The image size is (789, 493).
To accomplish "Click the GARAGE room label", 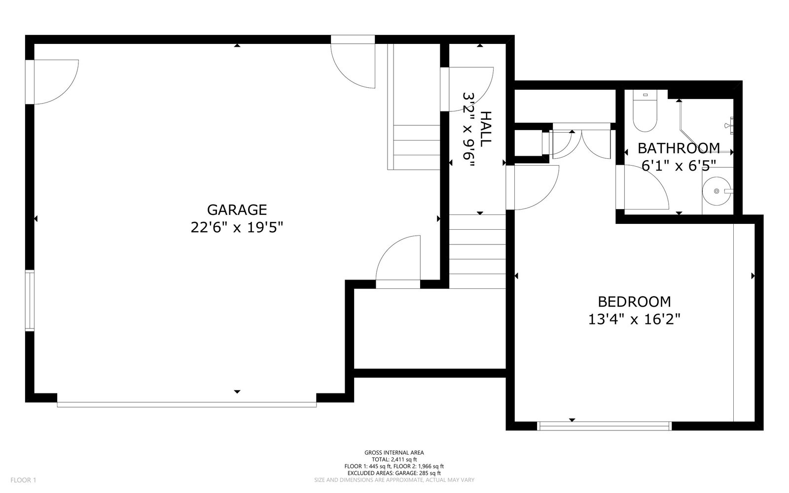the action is pyautogui.click(x=237, y=210).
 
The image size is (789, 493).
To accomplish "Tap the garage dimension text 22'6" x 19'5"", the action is pyautogui.click(x=237, y=227).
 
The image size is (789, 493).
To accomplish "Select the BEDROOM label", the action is pyautogui.click(x=634, y=302).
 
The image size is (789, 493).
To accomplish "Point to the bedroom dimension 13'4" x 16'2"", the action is pyautogui.click(x=634, y=319).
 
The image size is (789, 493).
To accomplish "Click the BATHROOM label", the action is pyautogui.click(x=679, y=148).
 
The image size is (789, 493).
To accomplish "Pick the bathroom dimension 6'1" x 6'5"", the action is pyautogui.click(x=679, y=166).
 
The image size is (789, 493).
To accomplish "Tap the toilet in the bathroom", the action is pyautogui.click(x=645, y=110).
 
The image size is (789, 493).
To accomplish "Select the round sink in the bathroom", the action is pyautogui.click(x=717, y=191).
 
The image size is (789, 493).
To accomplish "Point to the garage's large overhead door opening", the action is pyautogui.click(x=187, y=405).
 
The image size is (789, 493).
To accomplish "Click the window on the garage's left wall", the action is pyautogui.click(x=30, y=301).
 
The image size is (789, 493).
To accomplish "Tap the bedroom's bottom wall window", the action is pyautogui.click(x=605, y=426).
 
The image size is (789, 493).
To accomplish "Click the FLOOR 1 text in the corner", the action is pyautogui.click(x=23, y=480).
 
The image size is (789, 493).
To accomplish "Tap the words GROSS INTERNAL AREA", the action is pyautogui.click(x=394, y=453).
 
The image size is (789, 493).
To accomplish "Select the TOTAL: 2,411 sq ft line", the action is pyautogui.click(x=394, y=459).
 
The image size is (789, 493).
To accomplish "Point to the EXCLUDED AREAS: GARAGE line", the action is pyautogui.click(x=394, y=473).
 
